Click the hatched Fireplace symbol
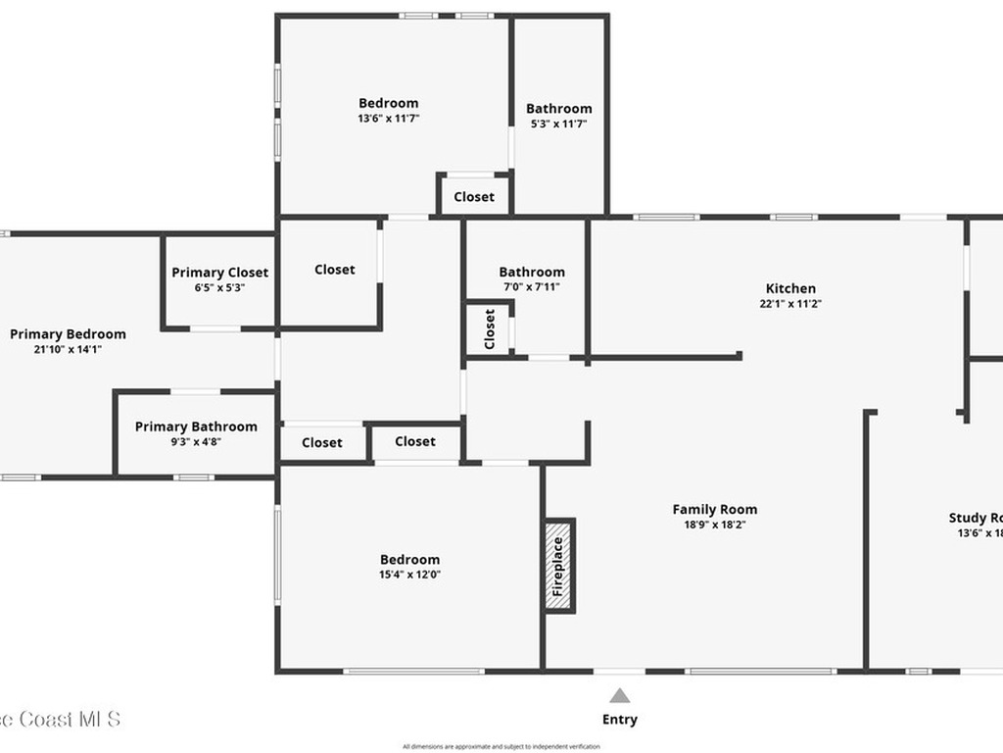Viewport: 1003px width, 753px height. (559, 566)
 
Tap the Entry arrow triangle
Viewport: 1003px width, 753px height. (619, 696)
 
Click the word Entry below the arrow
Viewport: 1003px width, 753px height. (619, 720)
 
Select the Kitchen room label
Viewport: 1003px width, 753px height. (790, 288)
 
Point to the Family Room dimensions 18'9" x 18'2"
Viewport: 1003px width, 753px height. (715, 525)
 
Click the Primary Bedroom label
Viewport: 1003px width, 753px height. (68, 334)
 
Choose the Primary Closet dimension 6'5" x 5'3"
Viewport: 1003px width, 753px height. (219, 288)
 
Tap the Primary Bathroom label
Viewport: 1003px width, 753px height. (196, 427)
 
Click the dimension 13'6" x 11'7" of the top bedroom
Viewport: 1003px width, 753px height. (388, 119)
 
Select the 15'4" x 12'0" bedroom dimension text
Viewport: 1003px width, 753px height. (409, 576)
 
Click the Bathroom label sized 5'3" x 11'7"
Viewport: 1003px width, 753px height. (558, 109)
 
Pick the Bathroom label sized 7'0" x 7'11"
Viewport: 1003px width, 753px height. (532, 273)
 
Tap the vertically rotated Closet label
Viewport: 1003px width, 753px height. (490, 329)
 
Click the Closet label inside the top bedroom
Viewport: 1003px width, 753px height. (474, 197)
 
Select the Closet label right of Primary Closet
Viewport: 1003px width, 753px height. (335, 270)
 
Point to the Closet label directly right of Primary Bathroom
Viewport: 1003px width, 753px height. (322, 443)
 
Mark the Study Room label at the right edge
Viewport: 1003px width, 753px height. (975, 518)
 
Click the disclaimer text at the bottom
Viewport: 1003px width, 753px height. (501, 746)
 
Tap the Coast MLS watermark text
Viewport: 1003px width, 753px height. (59, 719)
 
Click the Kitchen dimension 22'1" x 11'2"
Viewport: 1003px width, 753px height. (790, 304)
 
